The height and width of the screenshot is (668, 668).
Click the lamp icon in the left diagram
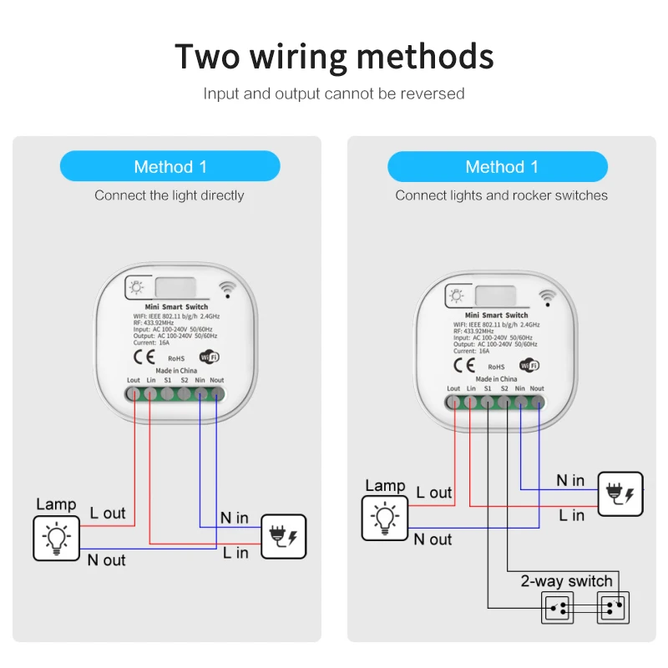tap(56, 538)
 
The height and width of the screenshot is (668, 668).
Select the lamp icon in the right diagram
tap(384, 518)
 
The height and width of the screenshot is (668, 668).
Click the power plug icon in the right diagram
tap(621, 493)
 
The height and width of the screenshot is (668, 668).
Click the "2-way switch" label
tap(566, 581)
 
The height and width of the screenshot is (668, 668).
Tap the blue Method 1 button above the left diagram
tap(170, 166)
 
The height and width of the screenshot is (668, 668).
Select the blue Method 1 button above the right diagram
tap(498, 167)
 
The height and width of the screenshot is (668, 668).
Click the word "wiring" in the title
tap(287, 57)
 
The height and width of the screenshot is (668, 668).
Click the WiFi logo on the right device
tap(529, 365)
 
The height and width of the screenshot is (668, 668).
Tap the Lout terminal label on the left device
tap(134, 381)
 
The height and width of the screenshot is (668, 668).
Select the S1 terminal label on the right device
tap(488, 388)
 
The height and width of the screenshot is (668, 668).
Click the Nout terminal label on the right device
tap(537, 388)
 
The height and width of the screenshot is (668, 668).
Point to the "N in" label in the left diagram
tap(234, 518)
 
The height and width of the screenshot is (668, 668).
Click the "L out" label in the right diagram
tap(433, 493)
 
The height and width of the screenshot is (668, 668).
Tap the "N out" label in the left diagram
tap(107, 560)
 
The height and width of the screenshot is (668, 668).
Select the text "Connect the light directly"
tap(170, 195)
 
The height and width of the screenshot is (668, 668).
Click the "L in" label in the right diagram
tap(572, 515)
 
